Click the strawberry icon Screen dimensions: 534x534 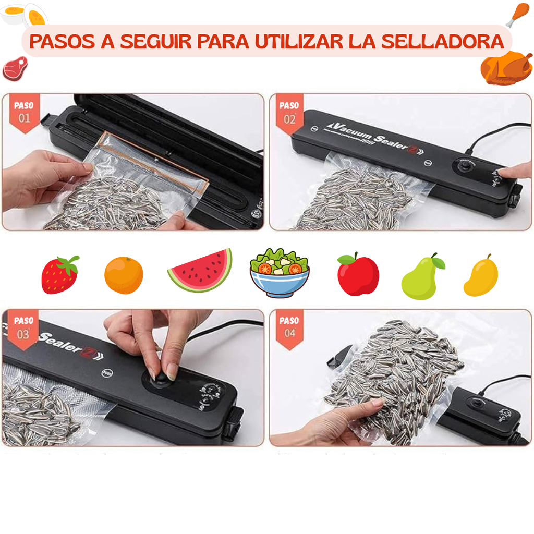coord(59,275)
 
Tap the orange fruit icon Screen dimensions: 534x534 coord(124,275)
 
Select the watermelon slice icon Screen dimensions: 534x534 coord(200,271)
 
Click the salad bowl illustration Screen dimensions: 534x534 coord(280,273)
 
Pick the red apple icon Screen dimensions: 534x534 coord(358,274)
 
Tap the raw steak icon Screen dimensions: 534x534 coord(15,68)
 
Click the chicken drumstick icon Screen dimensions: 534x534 coord(517,14)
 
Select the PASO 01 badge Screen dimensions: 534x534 coord(24,112)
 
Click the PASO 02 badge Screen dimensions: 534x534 coord(289,112)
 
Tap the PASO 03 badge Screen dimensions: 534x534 coord(24,327)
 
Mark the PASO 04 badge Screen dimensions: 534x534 coord(289,327)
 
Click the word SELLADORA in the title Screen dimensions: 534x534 coord(443,41)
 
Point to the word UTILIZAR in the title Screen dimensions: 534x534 coord(299,41)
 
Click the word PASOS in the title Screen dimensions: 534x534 coord(63,41)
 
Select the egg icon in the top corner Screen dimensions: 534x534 coord(23,14)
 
